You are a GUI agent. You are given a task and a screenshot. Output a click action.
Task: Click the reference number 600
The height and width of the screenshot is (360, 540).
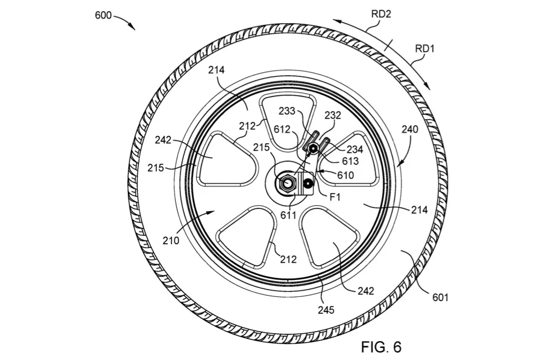click(x=103, y=15)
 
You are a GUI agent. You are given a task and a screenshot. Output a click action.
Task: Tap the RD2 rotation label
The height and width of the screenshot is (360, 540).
click(x=381, y=14)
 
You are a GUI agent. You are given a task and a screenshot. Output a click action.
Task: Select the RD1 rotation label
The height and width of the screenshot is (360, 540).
click(x=425, y=48)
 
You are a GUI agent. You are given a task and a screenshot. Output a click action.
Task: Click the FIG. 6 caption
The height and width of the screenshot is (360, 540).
click(x=381, y=346)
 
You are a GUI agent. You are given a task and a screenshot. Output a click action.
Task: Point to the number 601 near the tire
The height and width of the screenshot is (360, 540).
click(x=441, y=297)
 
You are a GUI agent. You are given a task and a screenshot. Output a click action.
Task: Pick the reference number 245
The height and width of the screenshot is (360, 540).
click(x=326, y=310)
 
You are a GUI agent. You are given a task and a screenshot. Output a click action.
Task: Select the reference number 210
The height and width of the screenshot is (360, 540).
click(x=171, y=240)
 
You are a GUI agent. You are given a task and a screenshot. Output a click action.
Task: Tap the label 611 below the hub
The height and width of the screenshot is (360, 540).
click(x=288, y=215)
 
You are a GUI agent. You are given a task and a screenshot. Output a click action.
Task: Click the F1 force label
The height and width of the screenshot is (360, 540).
click(x=335, y=197)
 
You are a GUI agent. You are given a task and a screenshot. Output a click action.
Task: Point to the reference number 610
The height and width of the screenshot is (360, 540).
click(x=345, y=175)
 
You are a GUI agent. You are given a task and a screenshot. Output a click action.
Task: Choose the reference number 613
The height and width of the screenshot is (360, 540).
click(x=350, y=161)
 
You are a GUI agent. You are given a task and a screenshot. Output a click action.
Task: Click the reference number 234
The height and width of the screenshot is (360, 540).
click(x=355, y=149)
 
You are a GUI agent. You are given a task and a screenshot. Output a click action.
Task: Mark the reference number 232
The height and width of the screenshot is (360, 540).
click(x=333, y=115)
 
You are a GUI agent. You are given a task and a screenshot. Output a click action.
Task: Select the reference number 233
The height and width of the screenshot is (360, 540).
click(x=287, y=111)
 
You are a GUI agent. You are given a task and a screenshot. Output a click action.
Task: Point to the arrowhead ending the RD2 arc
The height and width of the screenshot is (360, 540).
click(x=337, y=21)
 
